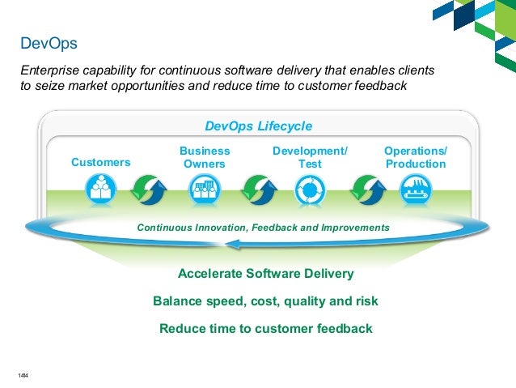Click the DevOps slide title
[x=49, y=41]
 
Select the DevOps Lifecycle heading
[x=258, y=126]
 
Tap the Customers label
[x=101, y=162]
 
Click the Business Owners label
[x=205, y=157]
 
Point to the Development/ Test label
[x=310, y=157]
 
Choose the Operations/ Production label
[x=415, y=157]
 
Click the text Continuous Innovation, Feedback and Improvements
[x=263, y=228]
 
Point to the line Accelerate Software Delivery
[x=265, y=274]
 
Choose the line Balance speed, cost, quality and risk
[x=265, y=301]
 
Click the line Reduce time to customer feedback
[x=265, y=329]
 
